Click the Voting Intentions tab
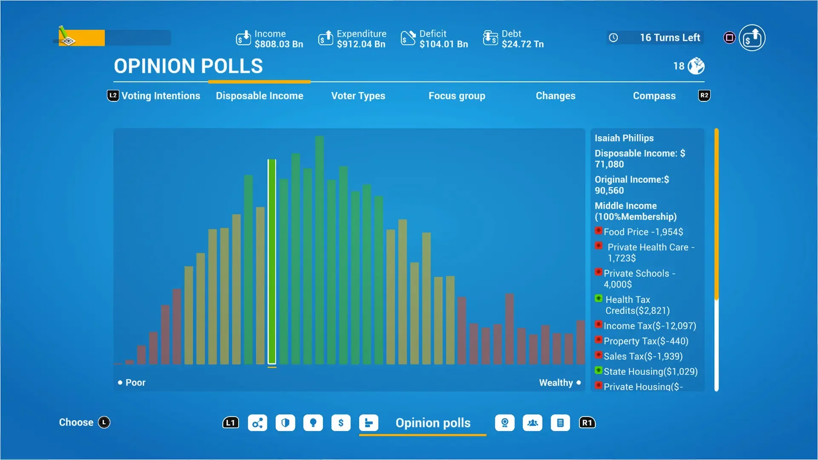pyautogui.click(x=161, y=96)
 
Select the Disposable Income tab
pyautogui.click(x=259, y=96)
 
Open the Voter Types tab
pyautogui.click(x=358, y=96)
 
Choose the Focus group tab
pyautogui.click(x=457, y=96)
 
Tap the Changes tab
pyautogui.click(x=555, y=96)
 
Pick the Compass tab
pyautogui.click(x=654, y=96)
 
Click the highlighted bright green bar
pyautogui.click(x=272, y=262)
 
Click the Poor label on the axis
pyautogui.click(x=135, y=382)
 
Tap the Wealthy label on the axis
pyautogui.click(x=556, y=382)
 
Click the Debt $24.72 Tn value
pyautogui.click(x=522, y=44)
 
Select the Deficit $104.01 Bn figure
pyautogui.click(x=443, y=44)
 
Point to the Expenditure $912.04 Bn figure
pyautogui.click(x=361, y=44)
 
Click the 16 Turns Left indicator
pyautogui.click(x=669, y=37)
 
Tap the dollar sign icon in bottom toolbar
pyautogui.click(x=341, y=423)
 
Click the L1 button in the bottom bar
pyautogui.click(x=230, y=423)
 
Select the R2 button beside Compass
pyautogui.click(x=704, y=95)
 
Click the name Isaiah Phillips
pyautogui.click(x=624, y=138)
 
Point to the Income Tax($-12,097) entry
pyautogui.click(x=650, y=326)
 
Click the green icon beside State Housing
pyautogui.click(x=599, y=371)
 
